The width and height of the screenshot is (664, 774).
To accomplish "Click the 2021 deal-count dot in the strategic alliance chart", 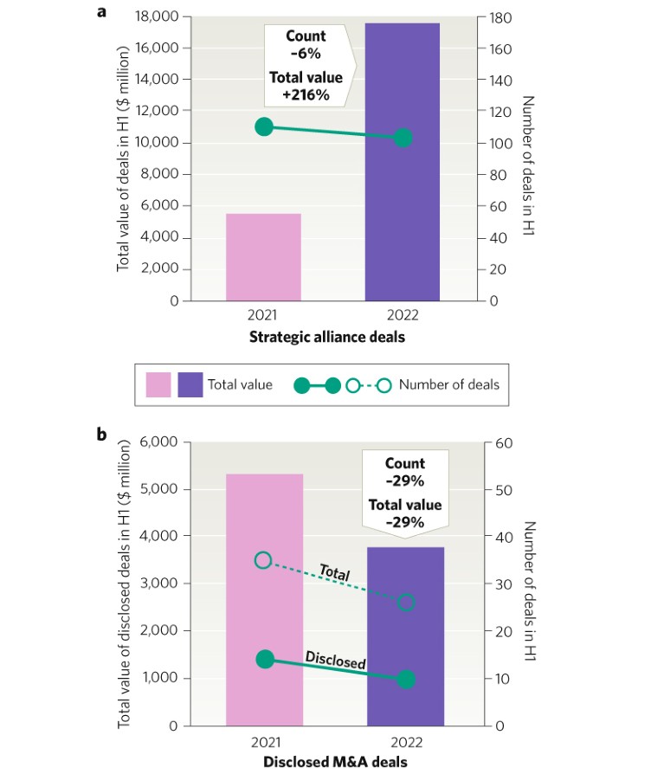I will pos(264,127).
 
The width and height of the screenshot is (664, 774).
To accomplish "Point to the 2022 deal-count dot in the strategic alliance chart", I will pos(402,138).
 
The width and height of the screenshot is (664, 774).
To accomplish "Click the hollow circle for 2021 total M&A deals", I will pos(264,560).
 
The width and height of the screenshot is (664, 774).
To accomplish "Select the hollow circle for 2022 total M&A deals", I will pos(406,602).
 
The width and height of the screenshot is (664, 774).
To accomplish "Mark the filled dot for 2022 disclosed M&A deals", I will pos(406,680).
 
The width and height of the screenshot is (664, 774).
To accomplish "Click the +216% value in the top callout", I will pos(306,94).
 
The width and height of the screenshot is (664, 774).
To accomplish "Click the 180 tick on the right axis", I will pos(503,17).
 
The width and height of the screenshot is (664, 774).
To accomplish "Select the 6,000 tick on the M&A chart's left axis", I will pos(159,442).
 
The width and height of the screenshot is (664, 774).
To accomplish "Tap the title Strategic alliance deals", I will pos(327,337).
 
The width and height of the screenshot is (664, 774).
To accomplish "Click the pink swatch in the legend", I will pos(158,384).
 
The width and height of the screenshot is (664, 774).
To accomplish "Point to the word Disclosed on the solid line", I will pos(335,660).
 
